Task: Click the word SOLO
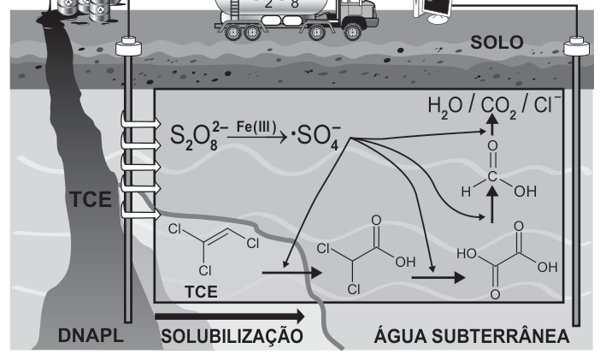pyautogui.click(x=497, y=42)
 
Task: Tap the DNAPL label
pyautogui.click(x=91, y=335)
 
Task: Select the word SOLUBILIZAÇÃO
pyautogui.click(x=232, y=336)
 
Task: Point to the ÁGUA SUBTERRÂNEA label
pyautogui.click(x=472, y=335)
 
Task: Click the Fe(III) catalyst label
pyautogui.click(x=256, y=127)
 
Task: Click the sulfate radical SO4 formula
pyautogui.click(x=316, y=137)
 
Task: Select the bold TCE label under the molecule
pyautogui.click(x=201, y=292)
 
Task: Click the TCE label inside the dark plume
pyautogui.click(x=91, y=199)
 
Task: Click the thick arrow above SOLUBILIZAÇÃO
pyautogui.click(x=230, y=316)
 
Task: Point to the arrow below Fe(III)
pyautogui.click(x=256, y=137)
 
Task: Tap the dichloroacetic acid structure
pyautogui.click(x=367, y=255)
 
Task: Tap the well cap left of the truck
pyautogui.click(x=128, y=46)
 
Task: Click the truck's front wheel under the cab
pyautogui.click(x=352, y=32)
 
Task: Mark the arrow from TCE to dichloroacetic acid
pyautogui.click(x=292, y=273)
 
